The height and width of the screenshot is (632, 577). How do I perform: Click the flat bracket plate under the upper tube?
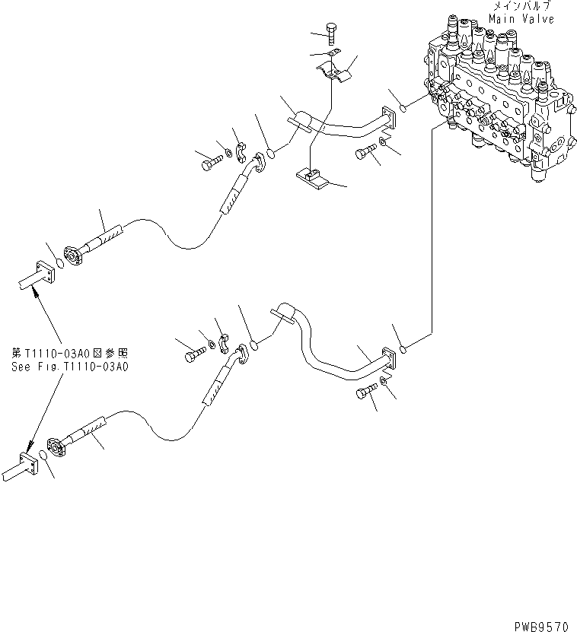[x=312, y=179]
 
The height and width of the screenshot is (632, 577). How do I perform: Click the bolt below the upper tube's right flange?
[x=363, y=154]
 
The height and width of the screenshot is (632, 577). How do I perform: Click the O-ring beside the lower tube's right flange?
[x=406, y=350]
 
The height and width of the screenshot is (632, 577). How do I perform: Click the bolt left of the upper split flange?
[x=210, y=160]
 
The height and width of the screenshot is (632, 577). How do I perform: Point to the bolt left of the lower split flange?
[x=191, y=354]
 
